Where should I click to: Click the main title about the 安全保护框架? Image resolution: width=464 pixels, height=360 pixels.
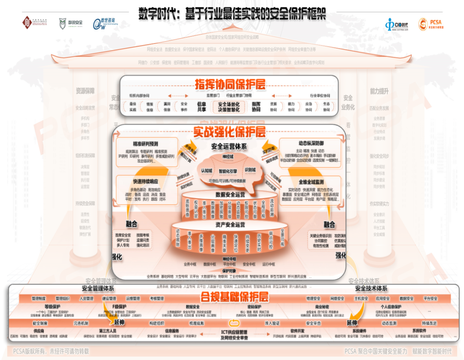[232, 14]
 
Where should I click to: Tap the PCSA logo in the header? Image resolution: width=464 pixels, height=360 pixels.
[430, 24]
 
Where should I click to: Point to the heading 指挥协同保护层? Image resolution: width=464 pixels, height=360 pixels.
[230, 84]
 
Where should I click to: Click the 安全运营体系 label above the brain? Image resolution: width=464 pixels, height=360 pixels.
[229, 147]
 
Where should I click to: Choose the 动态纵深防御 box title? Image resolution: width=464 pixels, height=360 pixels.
[311, 143]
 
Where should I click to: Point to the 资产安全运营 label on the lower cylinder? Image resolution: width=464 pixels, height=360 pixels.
[230, 224]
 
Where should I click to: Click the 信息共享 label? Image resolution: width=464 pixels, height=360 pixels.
[201, 106]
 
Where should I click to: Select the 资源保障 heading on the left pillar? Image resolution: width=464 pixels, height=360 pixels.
[85, 91]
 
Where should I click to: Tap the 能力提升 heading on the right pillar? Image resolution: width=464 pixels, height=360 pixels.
[379, 91]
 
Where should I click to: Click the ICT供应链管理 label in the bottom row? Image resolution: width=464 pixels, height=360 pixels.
[234, 332]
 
